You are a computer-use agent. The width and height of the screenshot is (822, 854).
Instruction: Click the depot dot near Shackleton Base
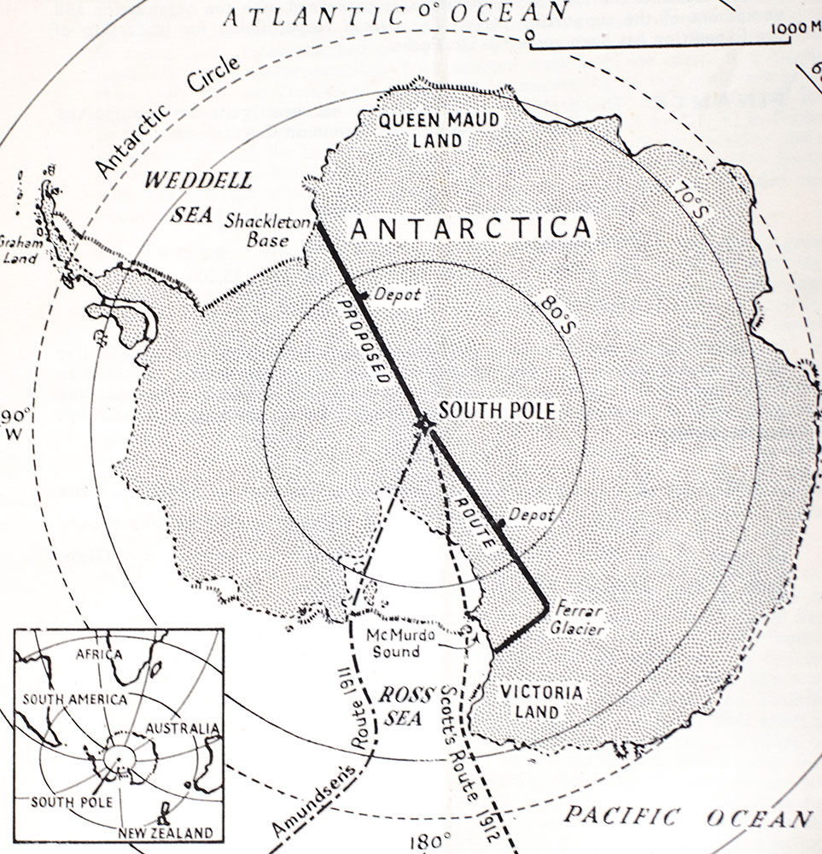click(x=363, y=295)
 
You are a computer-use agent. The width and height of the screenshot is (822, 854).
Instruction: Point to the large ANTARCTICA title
click(x=472, y=229)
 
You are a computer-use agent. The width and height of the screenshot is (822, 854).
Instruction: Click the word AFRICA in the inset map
click(x=99, y=653)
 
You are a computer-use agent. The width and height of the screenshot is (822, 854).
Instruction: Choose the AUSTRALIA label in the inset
click(x=176, y=728)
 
